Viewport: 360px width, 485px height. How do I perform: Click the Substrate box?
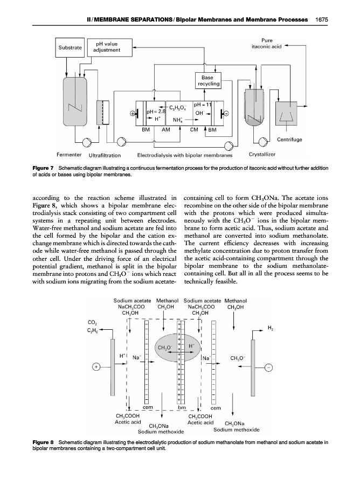tap(70, 47)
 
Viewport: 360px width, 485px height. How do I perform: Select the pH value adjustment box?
tap(107, 47)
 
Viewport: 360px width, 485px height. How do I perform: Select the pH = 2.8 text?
tap(156, 111)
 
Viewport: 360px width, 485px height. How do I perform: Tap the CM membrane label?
tap(195, 130)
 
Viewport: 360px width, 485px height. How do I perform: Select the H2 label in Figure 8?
tap(270, 327)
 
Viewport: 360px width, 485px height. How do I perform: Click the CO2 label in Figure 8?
tap(92, 323)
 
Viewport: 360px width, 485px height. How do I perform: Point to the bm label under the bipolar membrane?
tap(182, 407)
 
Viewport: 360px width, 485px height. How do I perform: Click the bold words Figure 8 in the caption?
tap(44, 442)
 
